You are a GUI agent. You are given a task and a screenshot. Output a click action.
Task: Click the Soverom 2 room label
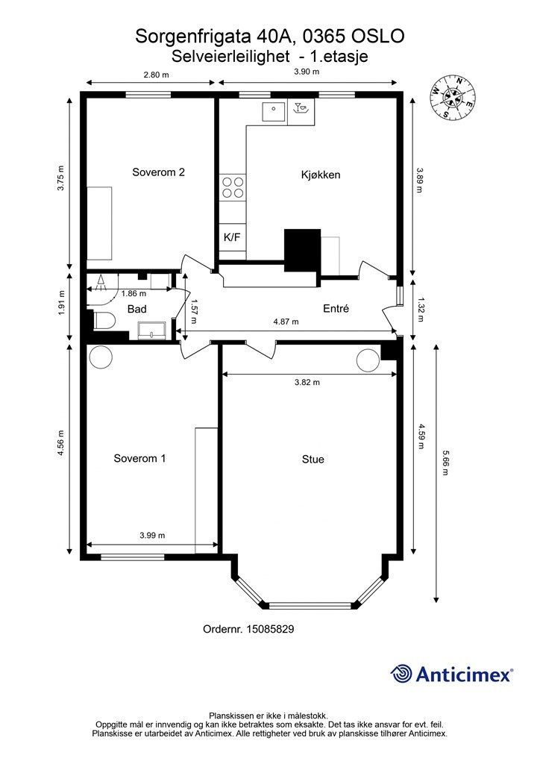pos(158,172)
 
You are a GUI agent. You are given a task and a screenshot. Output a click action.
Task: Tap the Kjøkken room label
pos(321,175)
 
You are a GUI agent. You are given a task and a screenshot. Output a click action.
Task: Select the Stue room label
pos(313,459)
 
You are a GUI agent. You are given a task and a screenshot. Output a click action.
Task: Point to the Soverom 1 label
pos(139,458)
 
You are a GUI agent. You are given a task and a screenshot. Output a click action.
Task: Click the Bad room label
pos(136,309)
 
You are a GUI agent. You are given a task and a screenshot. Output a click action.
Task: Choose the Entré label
pos(336,308)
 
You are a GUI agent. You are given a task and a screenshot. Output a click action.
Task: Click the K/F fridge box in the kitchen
pos(232,237)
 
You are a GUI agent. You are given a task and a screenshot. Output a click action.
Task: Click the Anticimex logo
pos(451,674)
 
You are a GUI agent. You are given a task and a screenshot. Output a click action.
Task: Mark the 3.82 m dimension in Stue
pos(307,383)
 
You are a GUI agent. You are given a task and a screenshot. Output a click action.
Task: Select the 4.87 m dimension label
pos(286,322)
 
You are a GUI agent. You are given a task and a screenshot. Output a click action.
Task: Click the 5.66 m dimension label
pos(445,462)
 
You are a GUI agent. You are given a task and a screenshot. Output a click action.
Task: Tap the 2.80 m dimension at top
pos(156,75)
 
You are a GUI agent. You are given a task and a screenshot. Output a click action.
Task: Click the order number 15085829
pos(248,629)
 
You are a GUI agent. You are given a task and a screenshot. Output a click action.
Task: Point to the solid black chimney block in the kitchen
pos(302,250)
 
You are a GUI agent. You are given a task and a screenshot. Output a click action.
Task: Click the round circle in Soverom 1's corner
pos(101,357)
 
